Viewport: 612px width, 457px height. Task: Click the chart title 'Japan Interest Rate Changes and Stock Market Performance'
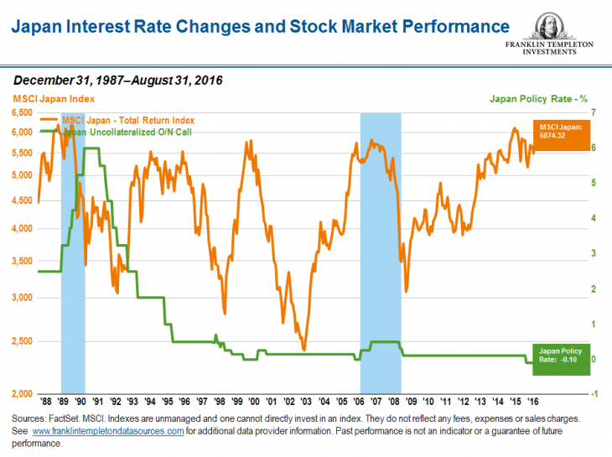(x=260, y=27)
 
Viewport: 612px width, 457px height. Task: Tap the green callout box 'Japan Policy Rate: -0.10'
(x=561, y=359)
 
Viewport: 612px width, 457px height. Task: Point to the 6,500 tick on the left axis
(x=22, y=112)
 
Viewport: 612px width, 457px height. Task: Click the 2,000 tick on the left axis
(x=22, y=394)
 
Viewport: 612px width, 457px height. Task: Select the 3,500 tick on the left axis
(x=22, y=262)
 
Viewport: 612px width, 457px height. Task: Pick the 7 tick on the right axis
(x=594, y=112)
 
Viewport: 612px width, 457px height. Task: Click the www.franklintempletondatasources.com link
(x=107, y=431)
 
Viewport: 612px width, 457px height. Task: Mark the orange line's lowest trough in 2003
(x=303, y=350)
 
